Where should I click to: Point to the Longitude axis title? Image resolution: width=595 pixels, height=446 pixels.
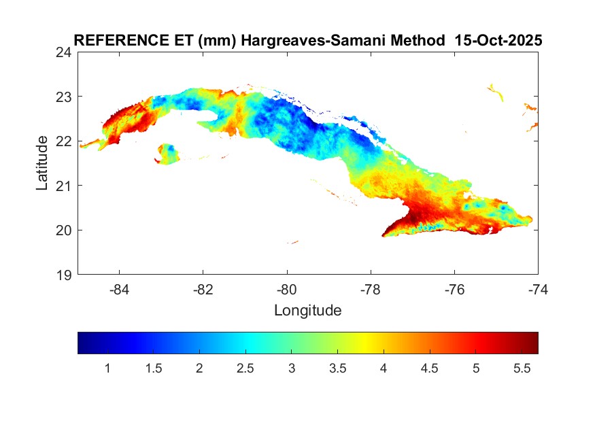[307, 311]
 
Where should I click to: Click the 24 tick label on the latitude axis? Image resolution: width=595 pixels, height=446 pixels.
[65, 52]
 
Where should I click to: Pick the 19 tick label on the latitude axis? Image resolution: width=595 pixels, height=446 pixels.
[65, 275]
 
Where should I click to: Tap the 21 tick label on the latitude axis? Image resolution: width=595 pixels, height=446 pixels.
[65, 186]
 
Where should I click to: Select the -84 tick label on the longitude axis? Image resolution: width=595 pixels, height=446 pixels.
[120, 289]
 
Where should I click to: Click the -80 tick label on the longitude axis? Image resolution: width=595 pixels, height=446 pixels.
[287, 289]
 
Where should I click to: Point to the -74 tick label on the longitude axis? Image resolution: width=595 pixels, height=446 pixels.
[538, 289]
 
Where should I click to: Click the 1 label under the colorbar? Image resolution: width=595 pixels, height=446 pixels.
[107, 368]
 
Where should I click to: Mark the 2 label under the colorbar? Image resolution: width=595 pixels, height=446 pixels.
[199, 368]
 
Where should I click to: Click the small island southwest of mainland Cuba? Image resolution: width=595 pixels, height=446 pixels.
[167, 152]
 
